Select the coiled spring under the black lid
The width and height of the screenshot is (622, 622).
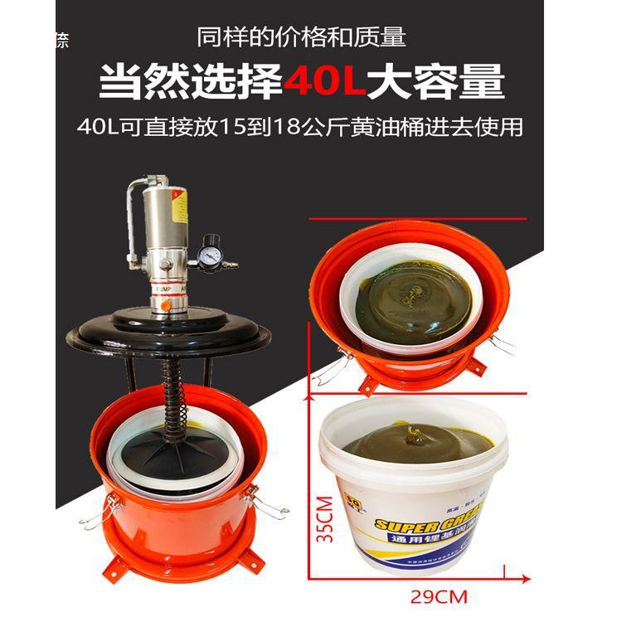coord(173,390)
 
